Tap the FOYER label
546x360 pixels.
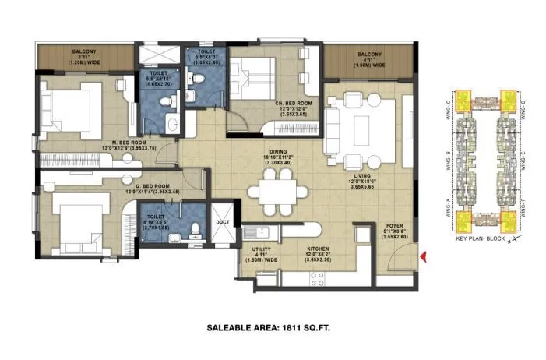coord(395,226)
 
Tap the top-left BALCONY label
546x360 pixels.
coord(85,52)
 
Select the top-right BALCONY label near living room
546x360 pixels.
coord(369,55)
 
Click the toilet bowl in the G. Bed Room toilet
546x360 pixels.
coord(196,223)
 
